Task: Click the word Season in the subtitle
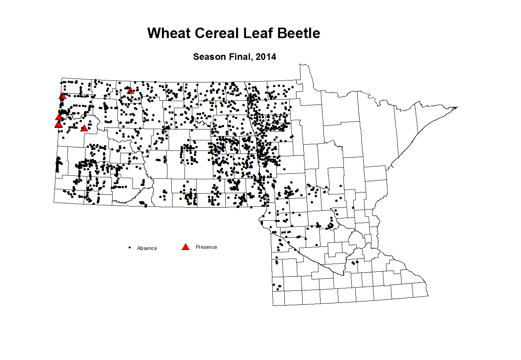click(x=209, y=57)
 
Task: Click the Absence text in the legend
click(x=147, y=248)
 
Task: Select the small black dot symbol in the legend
click(x=130, y=247)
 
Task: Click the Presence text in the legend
click(x=206, y=247)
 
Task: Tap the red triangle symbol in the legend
click(x=186, y=247)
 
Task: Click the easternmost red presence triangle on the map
click(x=131, y=91)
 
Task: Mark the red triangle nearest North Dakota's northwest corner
click(x=63, y=96)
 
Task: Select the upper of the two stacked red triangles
click(x=59, y=117)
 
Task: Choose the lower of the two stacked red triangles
click(x=59, y=124)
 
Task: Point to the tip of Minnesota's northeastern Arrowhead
click(x=457, y=107)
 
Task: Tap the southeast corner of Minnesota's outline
click(x=428, y=296)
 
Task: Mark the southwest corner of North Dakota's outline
click(x=54, y=202)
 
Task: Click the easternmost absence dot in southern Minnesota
click(x=357, y=262)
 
